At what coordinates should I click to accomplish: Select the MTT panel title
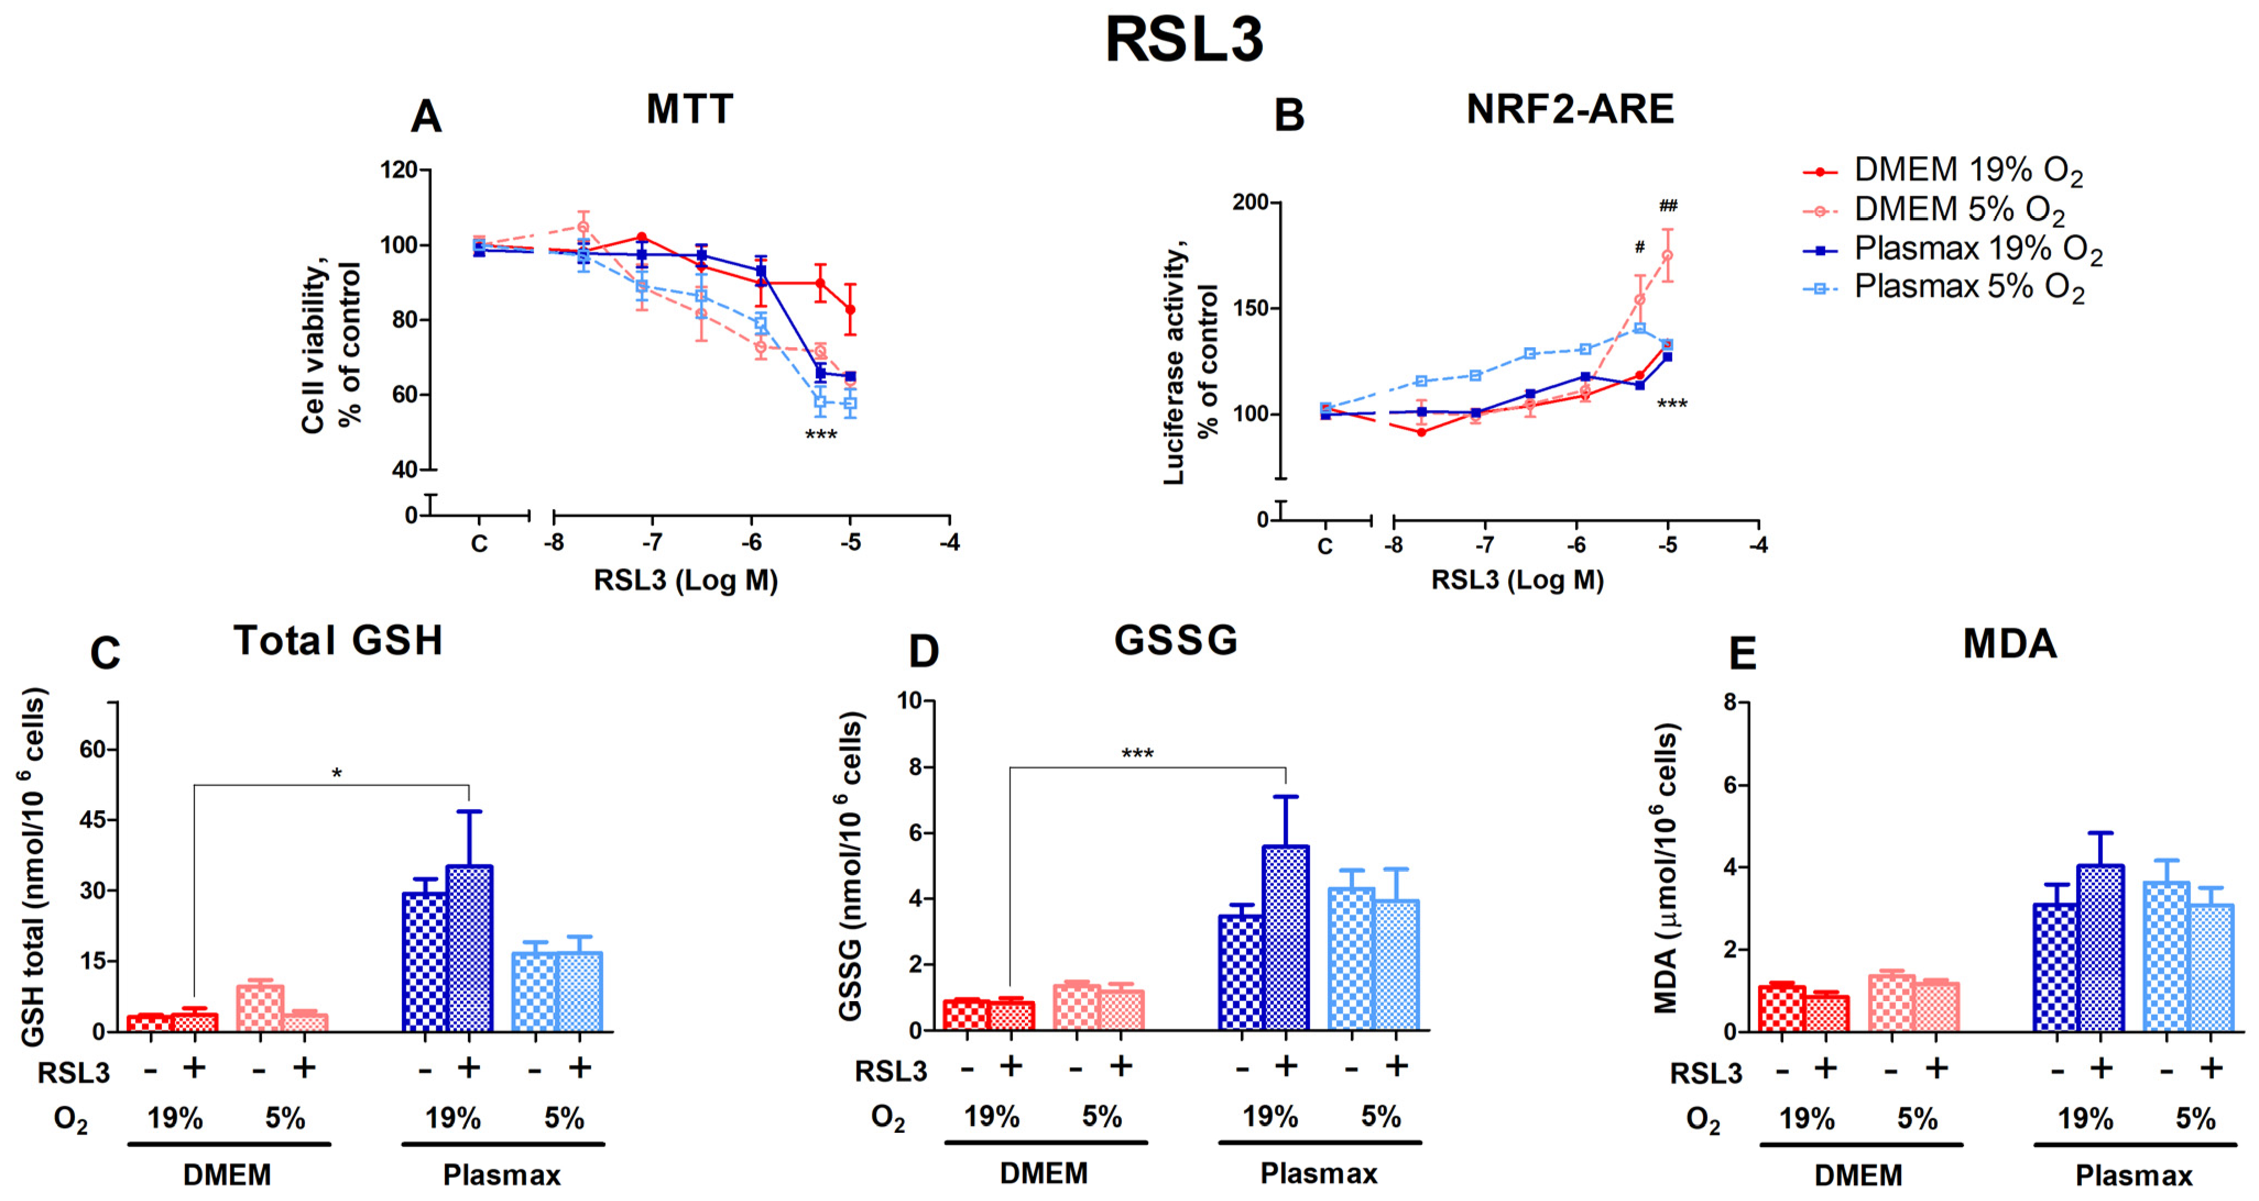pos(689,110)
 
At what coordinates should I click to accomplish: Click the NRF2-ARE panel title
pos(1570,110)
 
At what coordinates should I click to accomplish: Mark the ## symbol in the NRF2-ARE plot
pos(1667,206)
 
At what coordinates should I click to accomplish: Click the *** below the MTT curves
pos(821,435)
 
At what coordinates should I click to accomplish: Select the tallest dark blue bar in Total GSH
pos(469,947)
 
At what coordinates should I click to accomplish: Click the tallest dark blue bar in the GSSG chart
pos(1286,937)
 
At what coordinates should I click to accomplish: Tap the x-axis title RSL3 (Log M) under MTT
pos(686,580)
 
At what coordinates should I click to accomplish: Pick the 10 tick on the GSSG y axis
pos(909,701)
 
